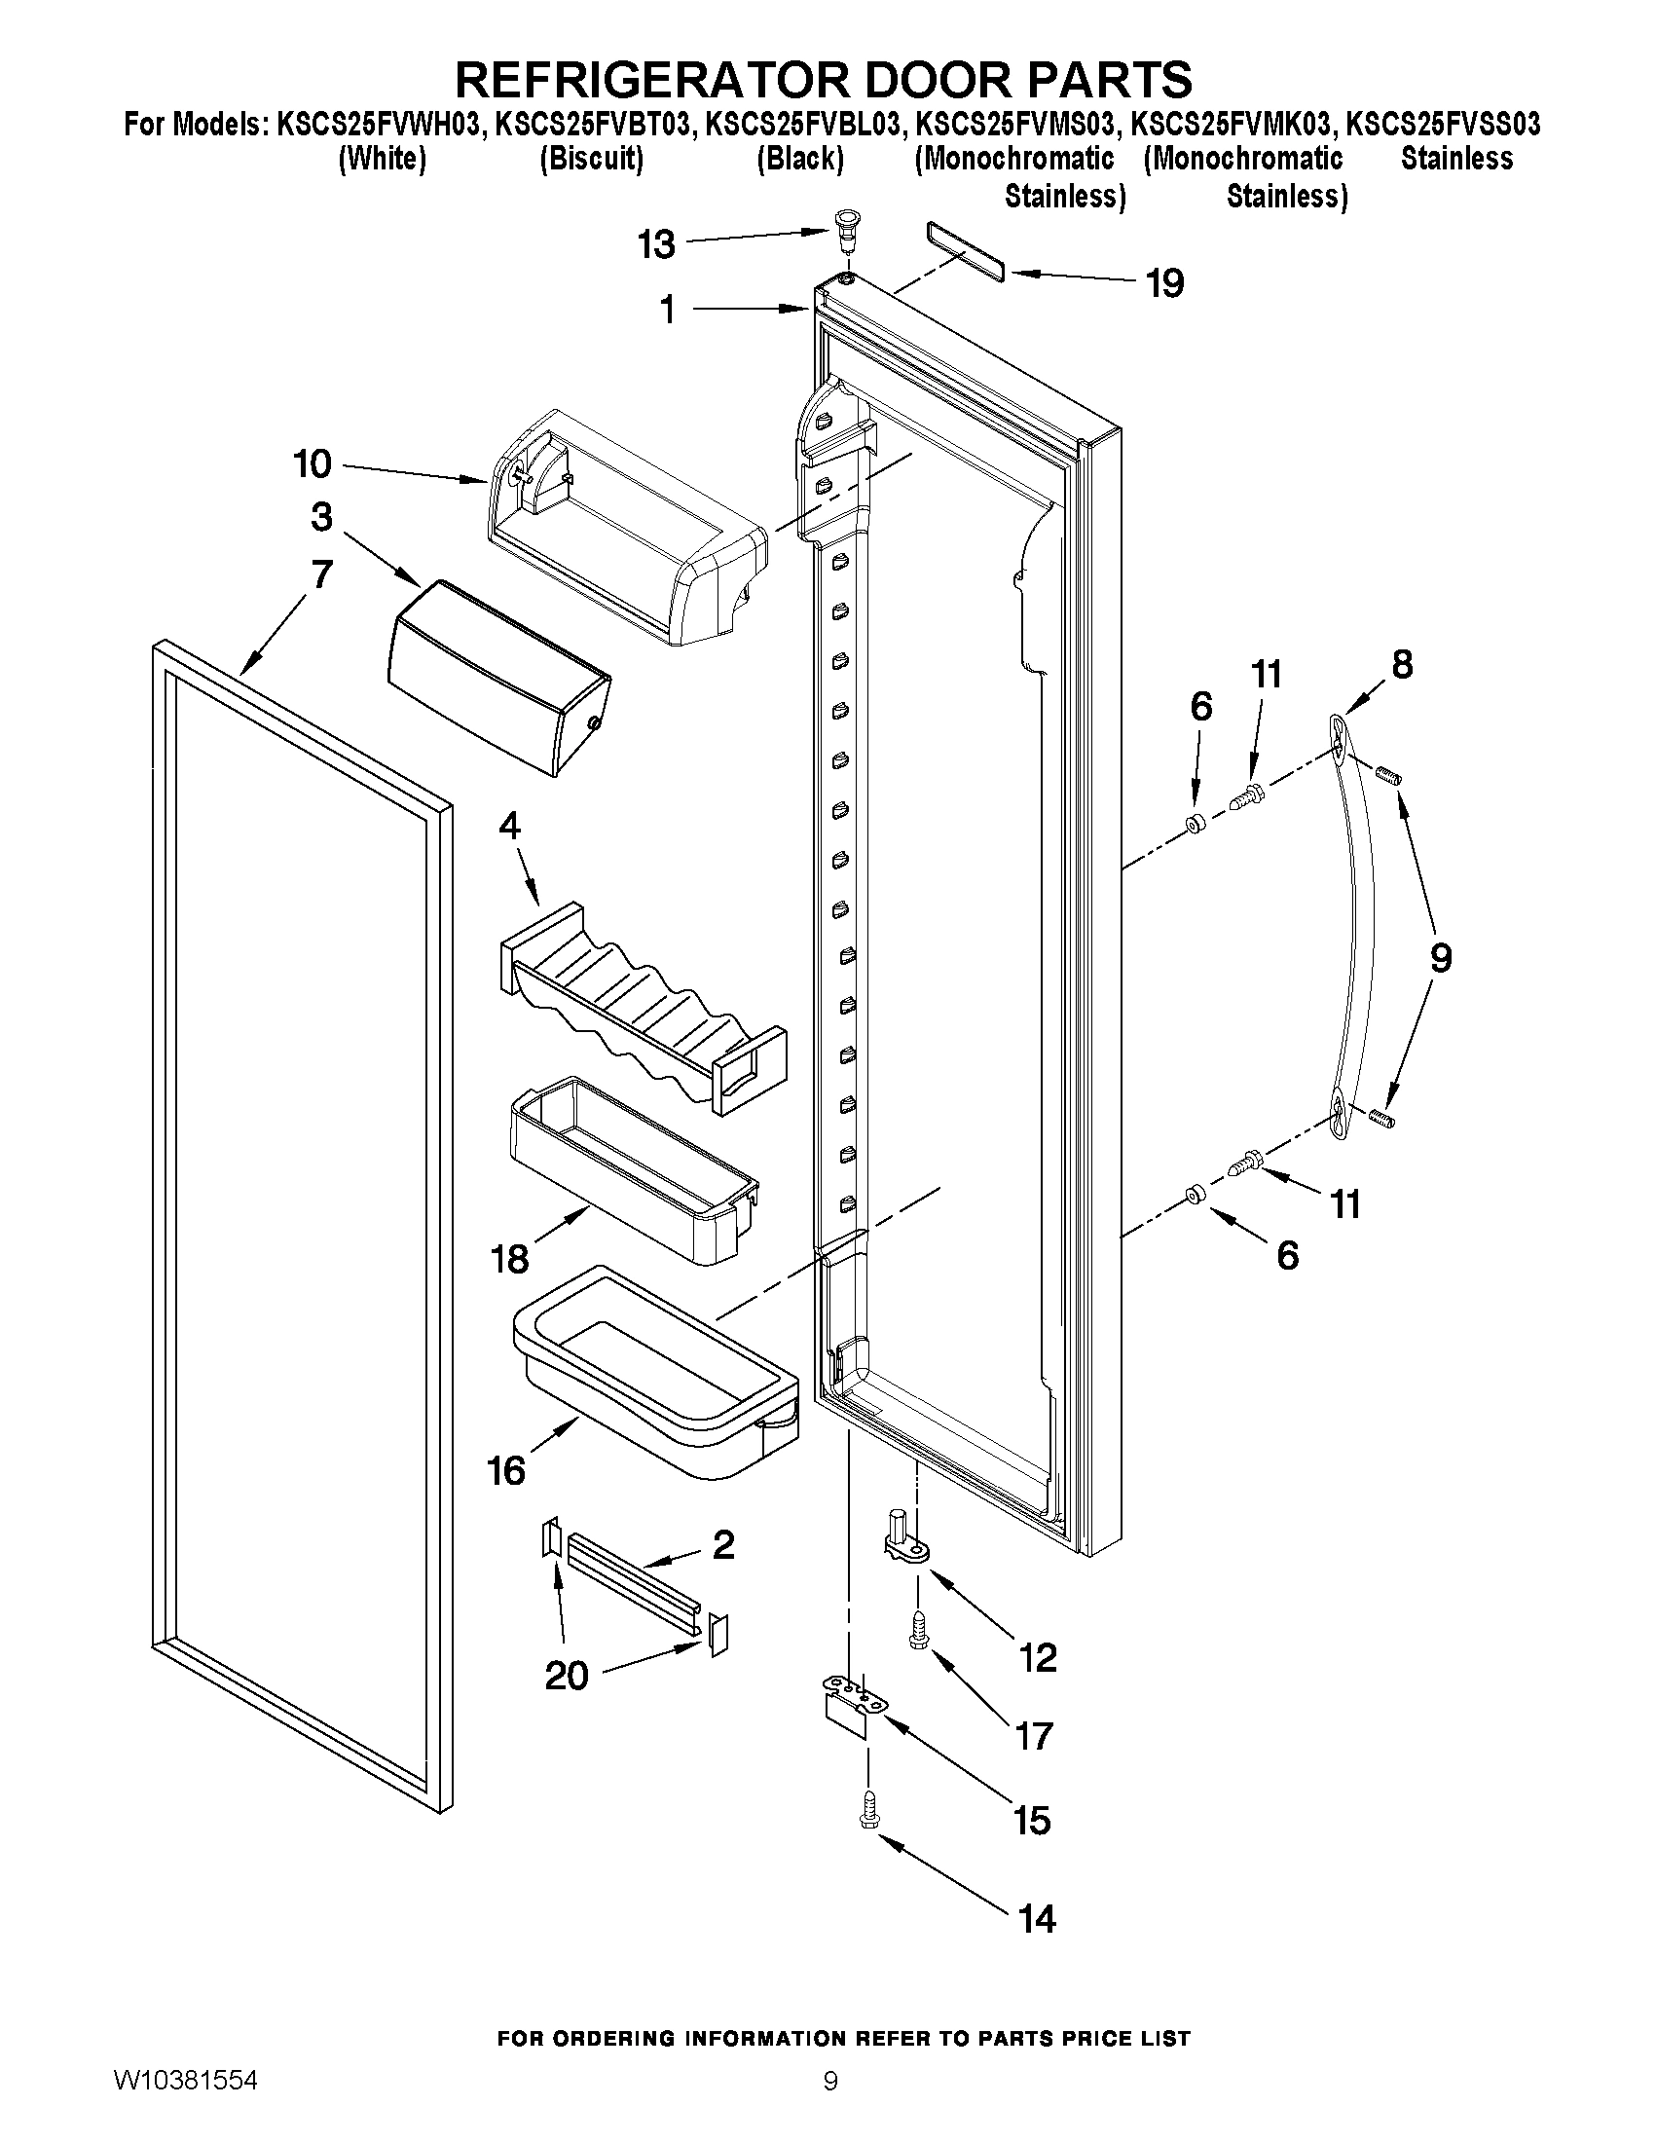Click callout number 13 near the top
click(x=655, y=244)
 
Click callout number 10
click(x=313, y=464)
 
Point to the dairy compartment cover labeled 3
click(x=499, y=676)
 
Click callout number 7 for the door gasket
click(x=322, y=574)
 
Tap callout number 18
click(x=510, y=1258)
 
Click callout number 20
click(x=566, y=1675)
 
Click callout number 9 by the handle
click(x=1439, y=957)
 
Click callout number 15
click(x=1032, y=1820)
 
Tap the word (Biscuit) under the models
click(x=592, y=159)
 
